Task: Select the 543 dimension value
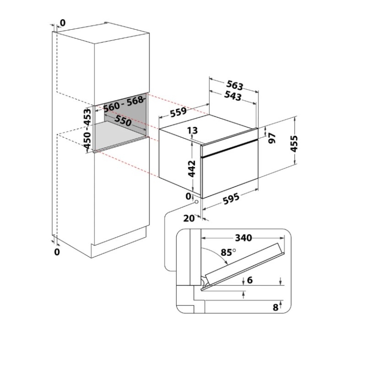[x=232, y=95]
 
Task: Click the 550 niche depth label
[x=123, y=120]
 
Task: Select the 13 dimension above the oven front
[x=192, y=130]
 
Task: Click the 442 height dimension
[x=192, y=169]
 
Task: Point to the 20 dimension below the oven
[x=189, y=218]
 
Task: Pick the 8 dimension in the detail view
[x=276, y=308]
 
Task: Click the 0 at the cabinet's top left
[x=62, y=23]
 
